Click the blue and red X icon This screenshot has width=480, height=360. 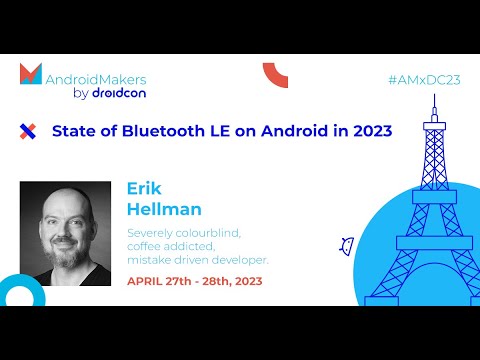28,130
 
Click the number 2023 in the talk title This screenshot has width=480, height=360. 369,130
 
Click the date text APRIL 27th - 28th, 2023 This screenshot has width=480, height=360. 194,281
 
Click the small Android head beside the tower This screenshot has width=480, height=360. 347,244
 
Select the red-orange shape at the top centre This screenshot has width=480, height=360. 275,73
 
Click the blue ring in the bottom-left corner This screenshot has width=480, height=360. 15,293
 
